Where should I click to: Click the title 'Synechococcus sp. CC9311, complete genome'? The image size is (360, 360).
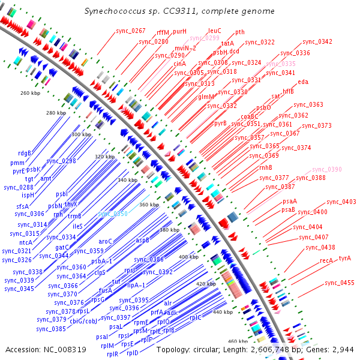(x=179, y=11)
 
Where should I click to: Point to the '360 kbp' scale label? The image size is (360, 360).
(x=149, y=205)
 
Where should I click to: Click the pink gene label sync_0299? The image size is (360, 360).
(x=205, y=38)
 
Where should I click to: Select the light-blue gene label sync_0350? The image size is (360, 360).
(x=113, y=214)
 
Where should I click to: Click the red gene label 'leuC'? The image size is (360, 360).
(x=215, y=31)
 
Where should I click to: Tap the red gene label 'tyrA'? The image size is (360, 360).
(x=344, y=258)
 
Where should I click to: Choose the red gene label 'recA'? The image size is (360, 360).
(x=326, y=260)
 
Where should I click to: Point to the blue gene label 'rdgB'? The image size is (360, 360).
(x=24, y=152)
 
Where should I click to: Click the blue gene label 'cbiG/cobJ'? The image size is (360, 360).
(x=83, y=321)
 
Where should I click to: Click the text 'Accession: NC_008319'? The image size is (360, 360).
(x=39, y=349)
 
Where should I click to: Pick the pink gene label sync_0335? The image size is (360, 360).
(x=281, y=63)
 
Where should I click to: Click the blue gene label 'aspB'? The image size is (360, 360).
(x=142, y=239)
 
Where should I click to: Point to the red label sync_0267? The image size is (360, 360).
(x=131, y=31)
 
